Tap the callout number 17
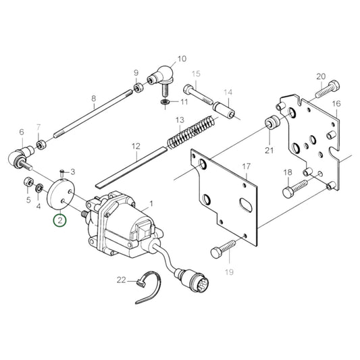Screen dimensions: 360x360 point(246,166)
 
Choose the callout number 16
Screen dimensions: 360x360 point(336,104)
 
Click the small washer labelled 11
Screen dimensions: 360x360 point(165,102)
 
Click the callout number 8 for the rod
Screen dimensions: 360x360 point(93,98)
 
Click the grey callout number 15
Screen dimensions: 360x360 point(197,74)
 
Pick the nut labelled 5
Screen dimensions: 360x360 point(29,182)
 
